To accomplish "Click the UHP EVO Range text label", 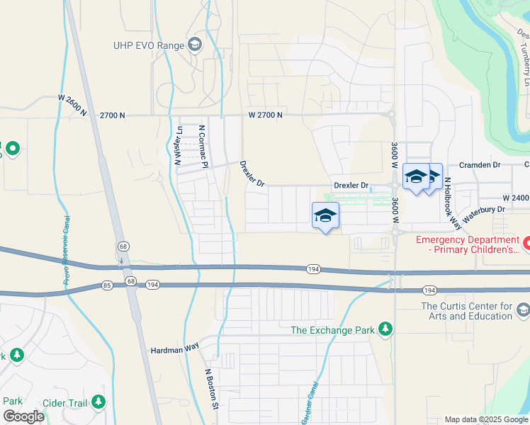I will (x=147, y=45).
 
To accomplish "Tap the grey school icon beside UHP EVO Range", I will (x=194, y=45).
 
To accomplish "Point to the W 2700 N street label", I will (x=266, y=115).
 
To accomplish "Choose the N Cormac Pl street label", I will (x=203, y=147).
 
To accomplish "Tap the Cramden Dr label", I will (x=480, y=164).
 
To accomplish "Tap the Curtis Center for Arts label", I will (x=466, y=311).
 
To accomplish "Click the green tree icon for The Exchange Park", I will (x=385, y=329).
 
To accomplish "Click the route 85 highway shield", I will (x=107, y=285).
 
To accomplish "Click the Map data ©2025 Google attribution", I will (x=486, y=419).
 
